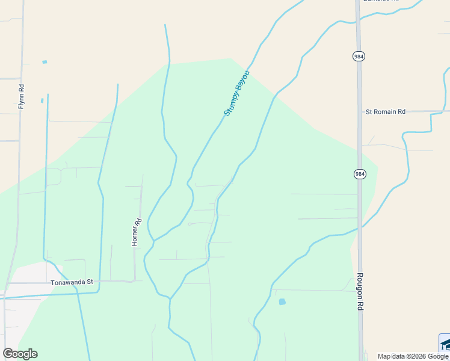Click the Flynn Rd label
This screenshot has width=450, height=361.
(22, 96)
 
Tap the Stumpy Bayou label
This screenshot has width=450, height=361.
(236, 93)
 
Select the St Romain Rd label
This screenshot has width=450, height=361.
(386, 111)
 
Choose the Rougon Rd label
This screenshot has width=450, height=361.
(360, 292)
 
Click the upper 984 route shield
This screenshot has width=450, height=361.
(359, 56)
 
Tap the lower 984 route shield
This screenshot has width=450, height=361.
(359, 174)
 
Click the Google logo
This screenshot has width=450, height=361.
(20, 354)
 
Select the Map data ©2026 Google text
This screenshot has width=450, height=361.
(413, 356)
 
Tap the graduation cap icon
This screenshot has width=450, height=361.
(445, 344)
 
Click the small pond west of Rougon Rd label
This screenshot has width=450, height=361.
(282, 301)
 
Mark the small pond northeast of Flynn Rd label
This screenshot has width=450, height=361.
(45, 62)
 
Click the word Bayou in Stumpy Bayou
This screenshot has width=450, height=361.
(242, 82)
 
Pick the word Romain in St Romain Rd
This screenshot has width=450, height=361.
(389, 111)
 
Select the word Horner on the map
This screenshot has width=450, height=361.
(136, 235)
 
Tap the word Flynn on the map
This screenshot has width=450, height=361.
(22, 100)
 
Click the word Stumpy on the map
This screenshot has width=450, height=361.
(230, 103)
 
